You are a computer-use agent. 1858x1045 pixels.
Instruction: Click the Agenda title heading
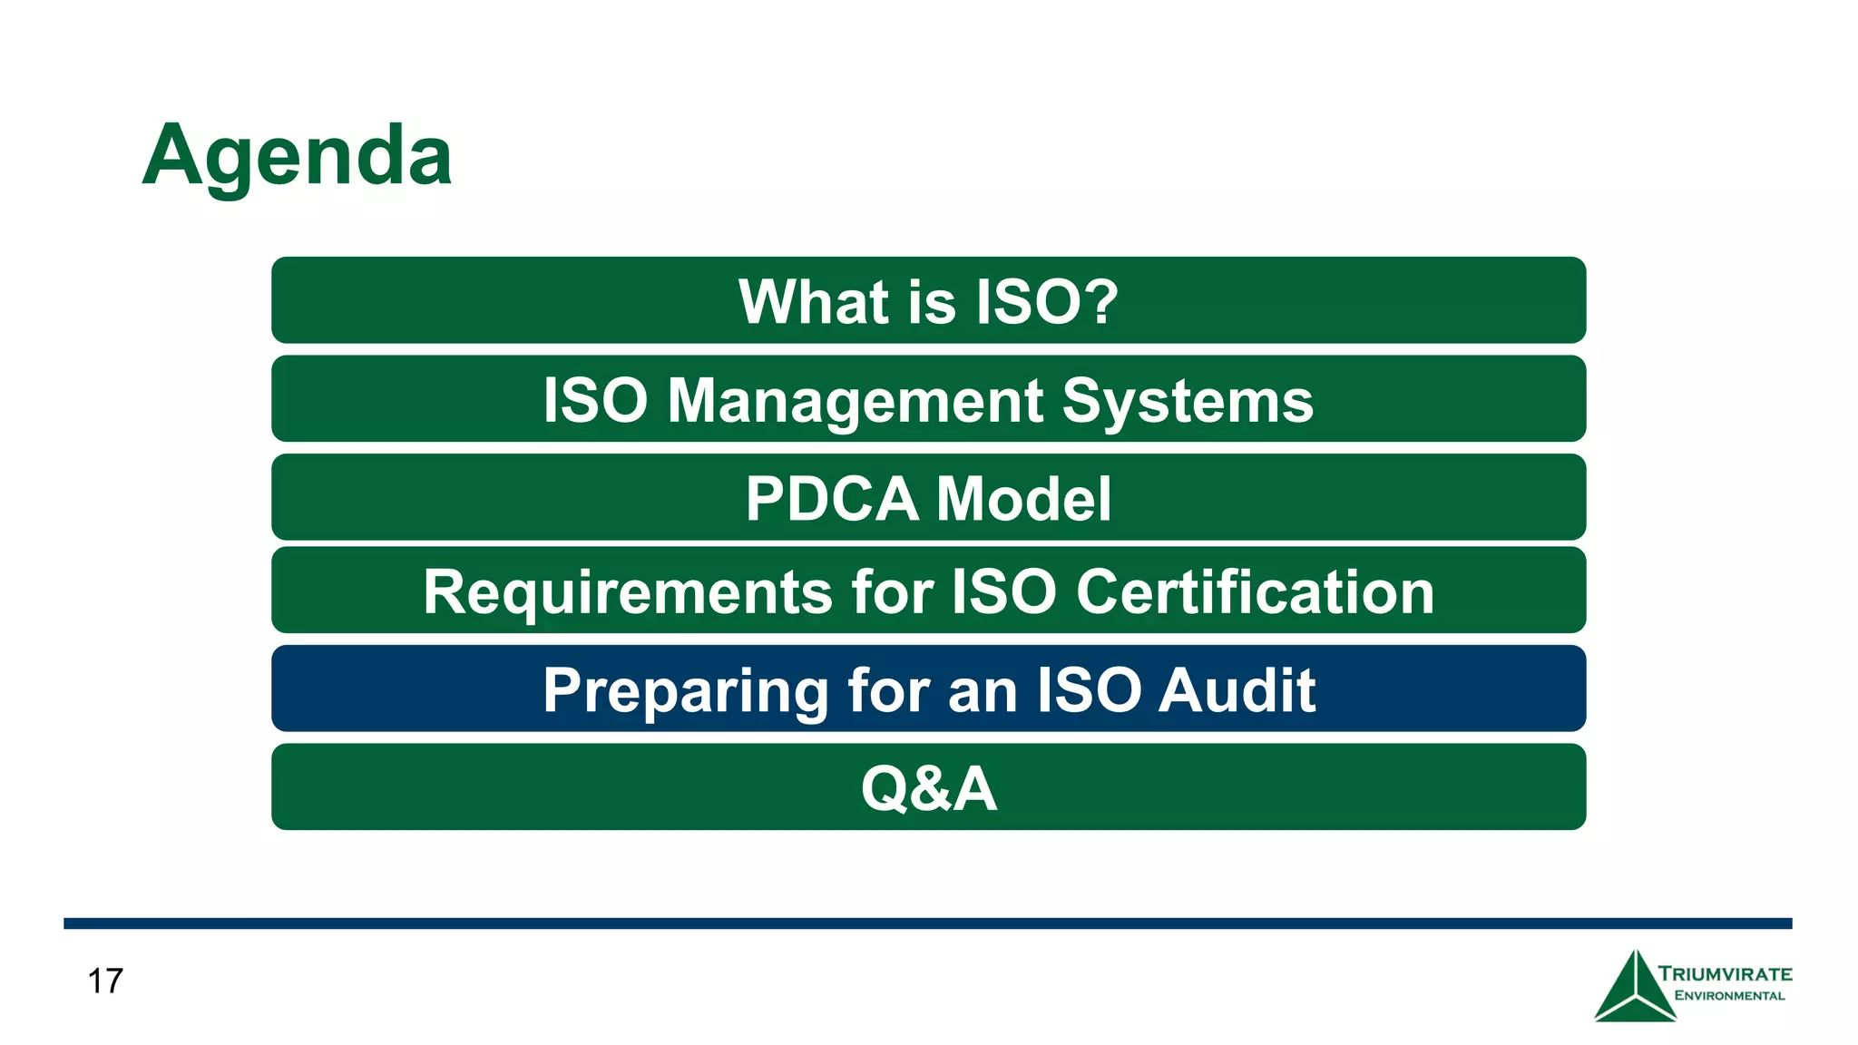coord(297,156)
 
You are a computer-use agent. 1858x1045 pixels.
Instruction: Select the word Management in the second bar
coord(856,400)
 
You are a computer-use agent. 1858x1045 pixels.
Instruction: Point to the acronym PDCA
coord(831,499)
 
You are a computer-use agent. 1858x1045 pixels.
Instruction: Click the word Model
coord(1022,499)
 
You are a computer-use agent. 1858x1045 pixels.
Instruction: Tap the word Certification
coord(1255,591)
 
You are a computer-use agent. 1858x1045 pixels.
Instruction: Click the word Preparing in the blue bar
coord(685,691)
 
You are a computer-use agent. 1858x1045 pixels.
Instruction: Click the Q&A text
coord(928,788)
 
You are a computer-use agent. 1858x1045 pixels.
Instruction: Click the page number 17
coord(105,982)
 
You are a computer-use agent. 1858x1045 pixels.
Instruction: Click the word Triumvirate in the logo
coord(1725,974)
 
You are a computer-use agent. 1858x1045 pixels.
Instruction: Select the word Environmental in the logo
coord(1728,996)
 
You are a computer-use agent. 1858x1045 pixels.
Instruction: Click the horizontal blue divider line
coord(927,923)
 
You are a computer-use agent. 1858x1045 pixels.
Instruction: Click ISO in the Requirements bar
coord(1003,591)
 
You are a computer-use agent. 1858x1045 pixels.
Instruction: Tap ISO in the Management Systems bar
coord(595,400)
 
